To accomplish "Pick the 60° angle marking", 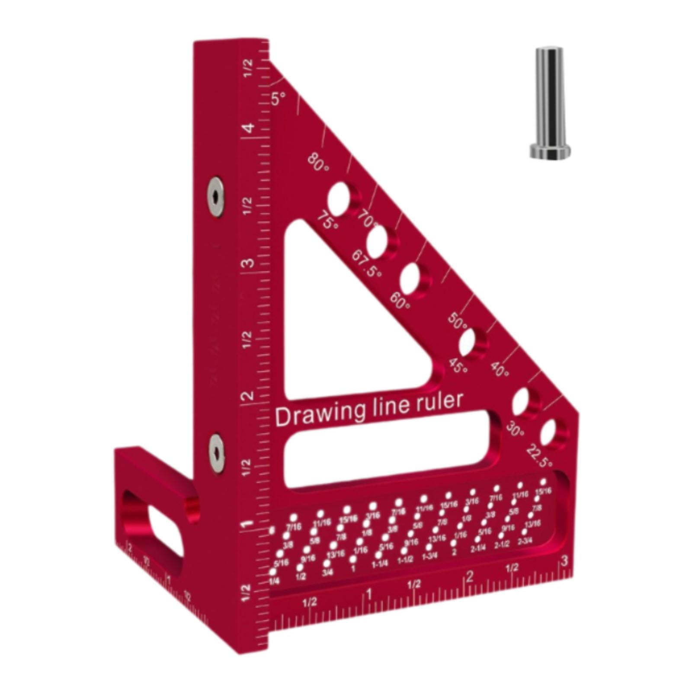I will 400,301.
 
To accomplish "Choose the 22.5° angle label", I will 539,457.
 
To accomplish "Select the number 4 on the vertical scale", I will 249,129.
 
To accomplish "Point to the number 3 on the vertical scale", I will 248,263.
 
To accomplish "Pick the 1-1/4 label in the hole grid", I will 379,564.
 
